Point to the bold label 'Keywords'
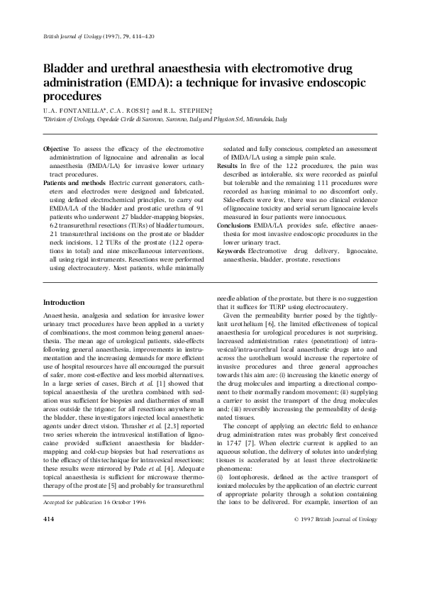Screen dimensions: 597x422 pyautogui.click(x=231, y=251)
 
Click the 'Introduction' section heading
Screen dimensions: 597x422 pyautogui.click(x=64, y=302)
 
